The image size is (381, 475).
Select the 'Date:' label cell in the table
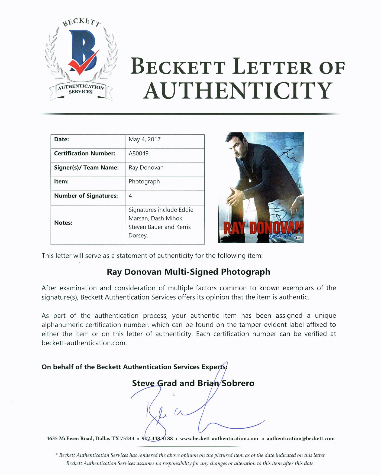[62, 139]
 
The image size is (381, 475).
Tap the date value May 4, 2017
[144, 139]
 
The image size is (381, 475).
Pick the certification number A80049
[138, 154]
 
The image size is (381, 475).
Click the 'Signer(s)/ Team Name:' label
[86, 168]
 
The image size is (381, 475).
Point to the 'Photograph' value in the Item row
[144, 181]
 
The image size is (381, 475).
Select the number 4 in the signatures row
[130, 196]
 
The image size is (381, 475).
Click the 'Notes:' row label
[63, 223]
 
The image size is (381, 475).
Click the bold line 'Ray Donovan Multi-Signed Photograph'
[188, 272]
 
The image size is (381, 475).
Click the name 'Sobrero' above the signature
[238, 383]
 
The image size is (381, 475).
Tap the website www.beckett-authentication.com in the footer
[219, 438]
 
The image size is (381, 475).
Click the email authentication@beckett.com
[301, 438]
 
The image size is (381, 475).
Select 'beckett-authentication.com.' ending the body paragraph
[84, 343]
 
